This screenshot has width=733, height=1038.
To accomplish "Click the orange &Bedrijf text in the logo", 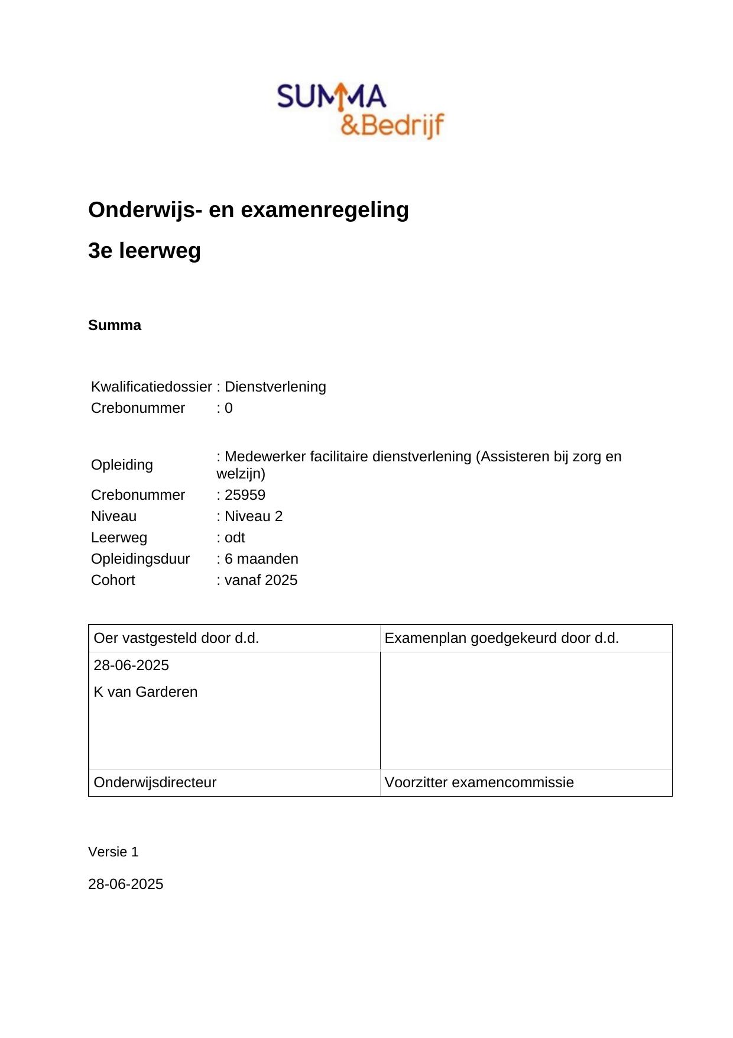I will [393, 125].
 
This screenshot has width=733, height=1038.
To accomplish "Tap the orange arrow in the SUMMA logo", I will [341, 96].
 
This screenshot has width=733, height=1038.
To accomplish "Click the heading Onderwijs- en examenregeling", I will [248, 210].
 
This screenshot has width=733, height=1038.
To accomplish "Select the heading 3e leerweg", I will [144, 251].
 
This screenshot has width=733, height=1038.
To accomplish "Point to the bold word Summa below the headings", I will [115, 325].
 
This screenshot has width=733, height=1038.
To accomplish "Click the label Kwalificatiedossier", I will [151, 387].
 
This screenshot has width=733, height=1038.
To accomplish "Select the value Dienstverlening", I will [275, 387].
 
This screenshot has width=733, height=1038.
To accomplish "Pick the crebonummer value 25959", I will [245, 495].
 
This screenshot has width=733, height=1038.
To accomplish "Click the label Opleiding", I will [122, 465].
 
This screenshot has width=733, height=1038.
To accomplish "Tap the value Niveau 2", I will [254, 516].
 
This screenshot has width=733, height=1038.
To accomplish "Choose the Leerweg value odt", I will [235, 538].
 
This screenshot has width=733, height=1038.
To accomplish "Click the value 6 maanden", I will [261, 559].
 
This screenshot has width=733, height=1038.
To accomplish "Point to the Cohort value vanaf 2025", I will [261, 580].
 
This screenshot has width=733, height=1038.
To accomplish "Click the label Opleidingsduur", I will [141, 559].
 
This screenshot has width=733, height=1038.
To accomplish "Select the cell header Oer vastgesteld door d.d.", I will [176, 638].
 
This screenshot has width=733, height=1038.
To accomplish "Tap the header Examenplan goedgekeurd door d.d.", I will [501, 638].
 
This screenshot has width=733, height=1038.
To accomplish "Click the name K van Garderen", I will [145, 692].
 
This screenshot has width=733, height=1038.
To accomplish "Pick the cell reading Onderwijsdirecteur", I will [155, 782].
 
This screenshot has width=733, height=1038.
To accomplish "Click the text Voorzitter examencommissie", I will [479, 782].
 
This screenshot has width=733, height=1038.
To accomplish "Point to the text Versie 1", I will [113, 852].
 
